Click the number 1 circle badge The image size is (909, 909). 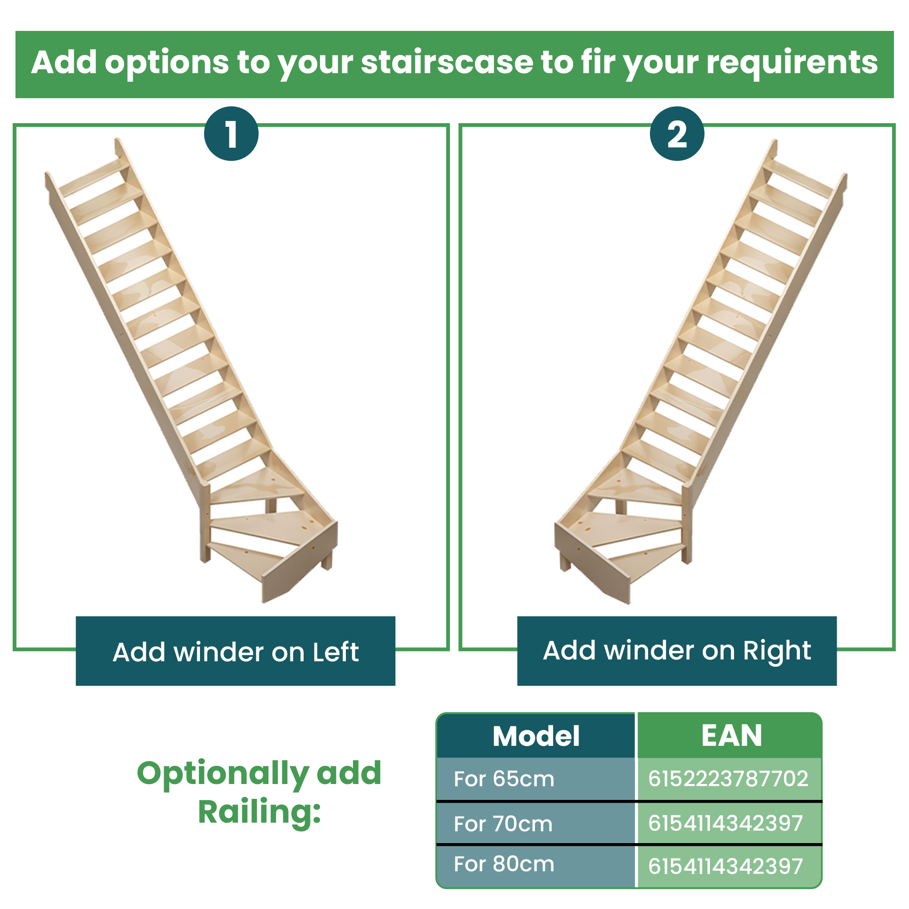pos(231,134)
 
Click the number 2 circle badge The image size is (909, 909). pos(677,134)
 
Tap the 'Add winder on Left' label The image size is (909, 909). pos(235,651)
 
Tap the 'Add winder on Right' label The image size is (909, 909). pos(677,651)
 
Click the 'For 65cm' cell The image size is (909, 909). pos(536,779)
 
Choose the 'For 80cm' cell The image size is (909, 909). pos(536,864)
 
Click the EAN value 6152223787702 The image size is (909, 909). pos(728,779)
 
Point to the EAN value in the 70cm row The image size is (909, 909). pos(725,824)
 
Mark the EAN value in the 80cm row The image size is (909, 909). pos(725,866)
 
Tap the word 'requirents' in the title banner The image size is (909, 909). pos(792,63)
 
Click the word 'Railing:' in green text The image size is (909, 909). pos(259,812)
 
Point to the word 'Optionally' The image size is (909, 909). pos(223,774)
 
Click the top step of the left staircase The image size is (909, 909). pos(94,178)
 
